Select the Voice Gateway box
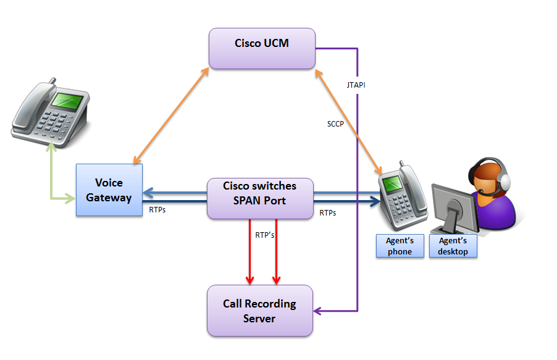coord(109,190)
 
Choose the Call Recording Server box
coord(259,311)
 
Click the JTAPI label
coord(356,85)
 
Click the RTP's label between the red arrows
coord(265,235)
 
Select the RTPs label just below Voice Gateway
coord(157,210)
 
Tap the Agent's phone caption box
coord(400,246)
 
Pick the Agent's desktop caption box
coord(453,246)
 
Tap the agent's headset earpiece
coord(505,180)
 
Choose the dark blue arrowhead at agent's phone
coord(374,201)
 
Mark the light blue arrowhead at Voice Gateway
coord(148,192)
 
